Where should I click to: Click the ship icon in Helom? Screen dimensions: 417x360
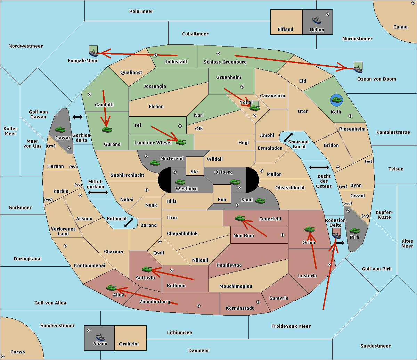[317, 20]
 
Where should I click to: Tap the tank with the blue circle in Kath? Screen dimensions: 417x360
[336, 100]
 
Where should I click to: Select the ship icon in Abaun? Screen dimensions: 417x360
[100, 337]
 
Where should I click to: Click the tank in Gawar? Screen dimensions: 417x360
[60, 129]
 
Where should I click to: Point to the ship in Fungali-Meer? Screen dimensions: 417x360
[93, 53]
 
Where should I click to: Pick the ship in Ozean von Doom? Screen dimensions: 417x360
[358, 69]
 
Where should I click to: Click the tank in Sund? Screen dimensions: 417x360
[260, 201]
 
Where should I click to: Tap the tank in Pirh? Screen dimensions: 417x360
[354, 231]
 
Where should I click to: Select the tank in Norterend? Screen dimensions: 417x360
[155, 163]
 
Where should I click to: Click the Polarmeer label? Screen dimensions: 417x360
[141, 11]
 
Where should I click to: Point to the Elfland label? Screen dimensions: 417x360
[285, 30]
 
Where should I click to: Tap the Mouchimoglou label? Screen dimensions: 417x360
[236, 286]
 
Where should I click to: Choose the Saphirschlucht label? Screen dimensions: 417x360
[127, 175]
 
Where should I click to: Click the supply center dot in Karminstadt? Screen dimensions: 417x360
[258, 302]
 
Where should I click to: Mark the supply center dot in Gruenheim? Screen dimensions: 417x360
[242, 87]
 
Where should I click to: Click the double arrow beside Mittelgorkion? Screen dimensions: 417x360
[98, 192]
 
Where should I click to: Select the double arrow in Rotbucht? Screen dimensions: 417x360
[129, 223]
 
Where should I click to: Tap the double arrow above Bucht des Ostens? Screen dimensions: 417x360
[319, 167]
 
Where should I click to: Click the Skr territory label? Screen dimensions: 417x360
[195, 171]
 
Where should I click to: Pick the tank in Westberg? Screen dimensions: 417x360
[180, 182]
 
